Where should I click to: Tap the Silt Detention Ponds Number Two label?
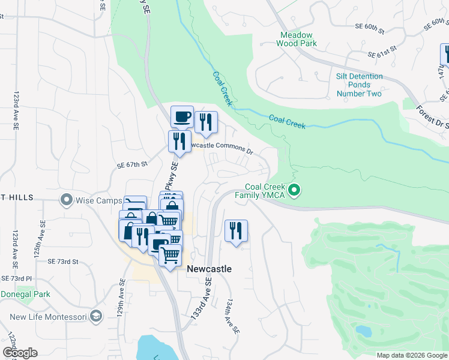359,85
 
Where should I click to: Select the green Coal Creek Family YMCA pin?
294,191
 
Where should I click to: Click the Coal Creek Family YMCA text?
265,191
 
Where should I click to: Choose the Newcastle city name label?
209,269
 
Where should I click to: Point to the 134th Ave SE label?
232,317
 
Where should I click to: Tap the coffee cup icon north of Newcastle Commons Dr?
182,116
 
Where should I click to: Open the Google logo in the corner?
20,353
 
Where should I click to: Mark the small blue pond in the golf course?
363,331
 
